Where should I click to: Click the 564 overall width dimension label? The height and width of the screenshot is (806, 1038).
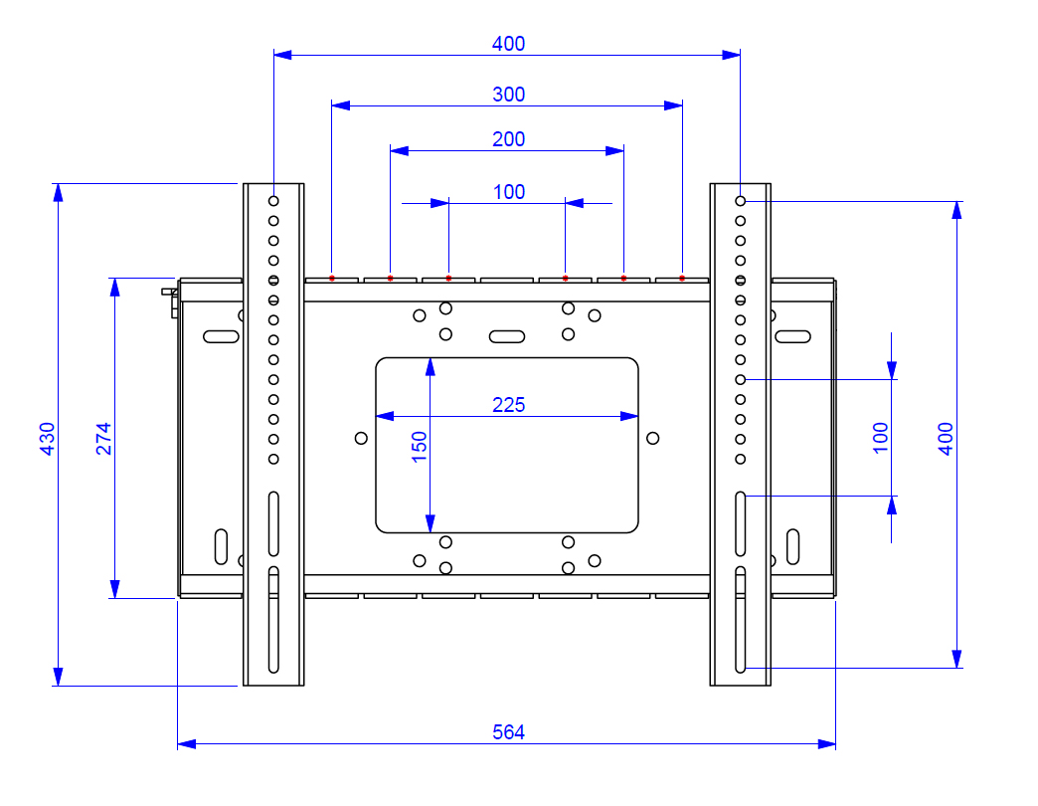tap(508, 731)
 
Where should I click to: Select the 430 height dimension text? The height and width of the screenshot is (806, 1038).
tap(47, 439)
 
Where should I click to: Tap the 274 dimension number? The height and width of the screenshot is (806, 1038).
tap(104, 439)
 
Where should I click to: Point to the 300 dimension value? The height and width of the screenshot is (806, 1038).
tap(508, 95)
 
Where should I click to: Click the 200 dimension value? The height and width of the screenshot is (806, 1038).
tap(508, 139)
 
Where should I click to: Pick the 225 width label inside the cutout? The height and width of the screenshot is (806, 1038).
tap(508, 405)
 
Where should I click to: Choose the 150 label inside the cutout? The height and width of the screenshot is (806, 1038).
tap(419, 447)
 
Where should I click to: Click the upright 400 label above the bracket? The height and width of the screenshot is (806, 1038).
tap(508, 44)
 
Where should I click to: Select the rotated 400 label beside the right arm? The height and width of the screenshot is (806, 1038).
tap(946, 439)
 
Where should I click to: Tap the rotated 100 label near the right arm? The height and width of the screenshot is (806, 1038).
tap(881, 438)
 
